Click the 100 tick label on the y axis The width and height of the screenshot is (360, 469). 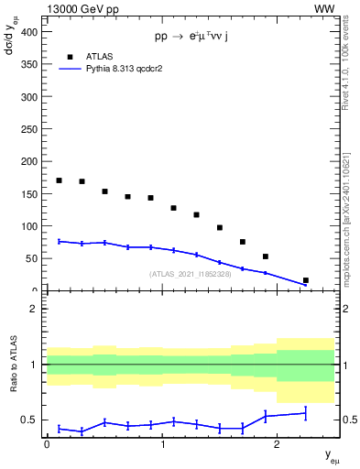tap(29, 226)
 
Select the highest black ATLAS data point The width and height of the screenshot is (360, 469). tap(60, 180)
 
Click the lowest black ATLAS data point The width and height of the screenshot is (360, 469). tap(305, 280)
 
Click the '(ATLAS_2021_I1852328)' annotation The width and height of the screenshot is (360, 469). tap(190, 274)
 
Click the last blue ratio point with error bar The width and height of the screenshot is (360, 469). tap(305, 413)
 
